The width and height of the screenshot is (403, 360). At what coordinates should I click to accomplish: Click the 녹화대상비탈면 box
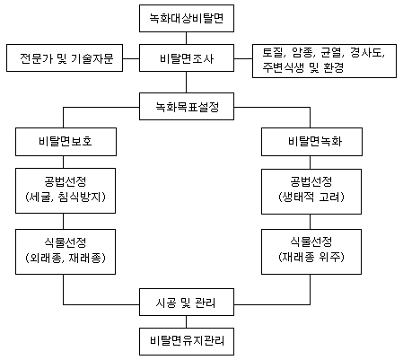(187, 18)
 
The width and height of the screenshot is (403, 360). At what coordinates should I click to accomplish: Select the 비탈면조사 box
(187, 58)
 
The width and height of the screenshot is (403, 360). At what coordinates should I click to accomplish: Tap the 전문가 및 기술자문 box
(65, 58)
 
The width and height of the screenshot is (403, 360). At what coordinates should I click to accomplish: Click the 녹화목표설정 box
(187, 107)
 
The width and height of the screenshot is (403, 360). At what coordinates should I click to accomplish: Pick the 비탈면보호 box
(66, 142)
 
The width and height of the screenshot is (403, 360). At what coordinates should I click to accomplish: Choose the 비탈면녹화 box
(311, 142)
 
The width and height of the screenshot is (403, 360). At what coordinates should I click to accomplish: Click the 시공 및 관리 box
(187, 303)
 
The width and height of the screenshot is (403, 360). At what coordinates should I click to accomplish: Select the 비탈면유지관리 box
(187, 341)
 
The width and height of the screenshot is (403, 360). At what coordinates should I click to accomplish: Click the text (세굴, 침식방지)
(66, 198)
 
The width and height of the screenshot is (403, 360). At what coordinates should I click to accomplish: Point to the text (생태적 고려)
(311, 198)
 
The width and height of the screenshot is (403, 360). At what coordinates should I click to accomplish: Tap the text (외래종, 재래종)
(66, 258)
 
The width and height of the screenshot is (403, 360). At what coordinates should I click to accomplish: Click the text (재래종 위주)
(311, 257)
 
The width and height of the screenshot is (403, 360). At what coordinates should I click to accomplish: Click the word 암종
(302, 53)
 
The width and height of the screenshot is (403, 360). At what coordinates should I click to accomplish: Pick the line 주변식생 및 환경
(303, 68)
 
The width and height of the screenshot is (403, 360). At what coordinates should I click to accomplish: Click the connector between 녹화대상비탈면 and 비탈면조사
(186, 38)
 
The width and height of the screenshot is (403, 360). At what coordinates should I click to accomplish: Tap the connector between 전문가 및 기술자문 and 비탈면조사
(131, 58)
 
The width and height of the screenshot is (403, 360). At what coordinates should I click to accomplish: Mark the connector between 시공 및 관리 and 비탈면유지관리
(186, 321)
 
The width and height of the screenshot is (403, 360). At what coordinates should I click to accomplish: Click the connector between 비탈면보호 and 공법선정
(63, 162)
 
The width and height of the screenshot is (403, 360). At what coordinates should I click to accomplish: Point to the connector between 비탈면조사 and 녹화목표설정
(186, 82)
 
